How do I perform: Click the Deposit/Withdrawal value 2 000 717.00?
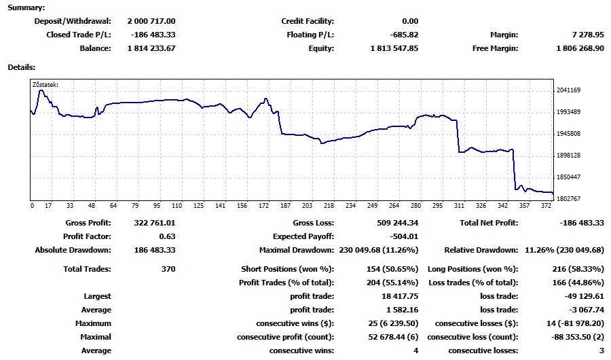(151, 21)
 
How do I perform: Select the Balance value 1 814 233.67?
(151, 48)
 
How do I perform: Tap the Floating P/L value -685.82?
(401, 35)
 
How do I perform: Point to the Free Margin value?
(579, 48)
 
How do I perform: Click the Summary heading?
(26, 7)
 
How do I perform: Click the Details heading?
(22, 67)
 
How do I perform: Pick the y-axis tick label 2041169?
(568, 90)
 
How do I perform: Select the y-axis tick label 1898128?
(568, 156)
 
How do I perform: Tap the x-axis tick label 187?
(285, 205)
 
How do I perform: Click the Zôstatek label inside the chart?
(45, 85)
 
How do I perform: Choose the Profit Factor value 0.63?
(167, 236)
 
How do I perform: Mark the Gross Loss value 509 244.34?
(397, 223)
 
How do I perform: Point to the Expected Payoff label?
(303, 236)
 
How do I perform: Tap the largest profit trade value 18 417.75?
(400, 296)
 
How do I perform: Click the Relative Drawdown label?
(481, 250)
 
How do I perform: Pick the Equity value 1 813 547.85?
(394, 48)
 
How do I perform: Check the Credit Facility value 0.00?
(410, 21)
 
